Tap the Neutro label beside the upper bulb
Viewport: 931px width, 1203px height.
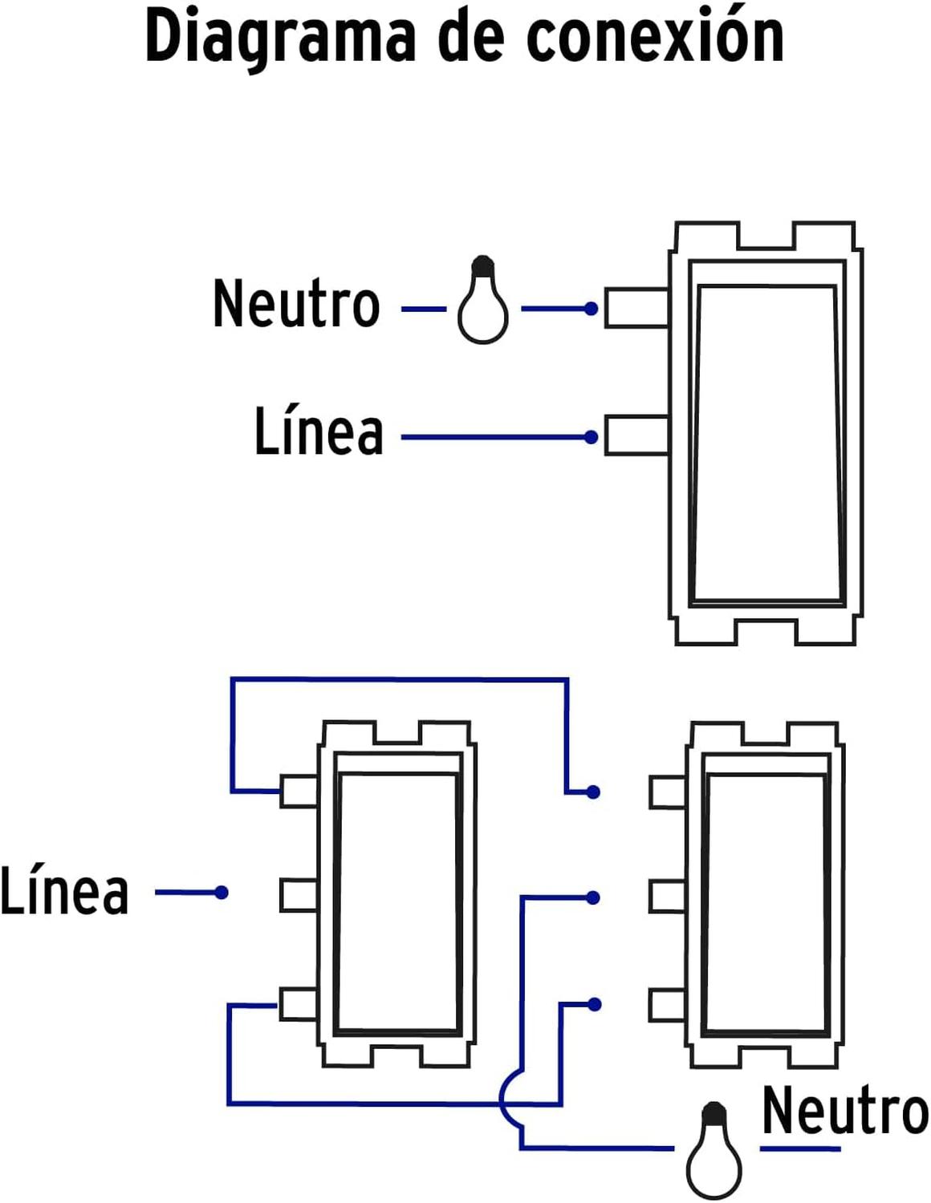pyautogui.click(x=296, y=303)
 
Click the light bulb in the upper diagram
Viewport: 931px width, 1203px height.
pyautogui.click(x=483, y=299)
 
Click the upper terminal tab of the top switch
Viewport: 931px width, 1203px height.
pyautogui.click(x=637, y=308)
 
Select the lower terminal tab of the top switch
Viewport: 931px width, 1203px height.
pyautogui.click(x=637, y=435)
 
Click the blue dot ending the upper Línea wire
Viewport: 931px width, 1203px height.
pyautogui.click(x=591, y=437)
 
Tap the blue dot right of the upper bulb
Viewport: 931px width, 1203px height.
pyautogui.click(x=591, y=308)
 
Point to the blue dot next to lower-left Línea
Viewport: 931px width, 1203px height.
pyautogui.click(x=222, y=893)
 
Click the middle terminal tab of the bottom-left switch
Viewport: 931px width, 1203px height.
pyautogui.click(x=299, y=895)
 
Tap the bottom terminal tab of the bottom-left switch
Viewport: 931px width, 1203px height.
pyautogui.click(x=299, y=1003)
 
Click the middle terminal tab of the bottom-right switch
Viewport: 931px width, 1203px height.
pyautogui.click(x=668, y=895)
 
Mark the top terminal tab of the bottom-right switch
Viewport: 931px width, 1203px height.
pyautogui.click(x=668, y=792)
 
